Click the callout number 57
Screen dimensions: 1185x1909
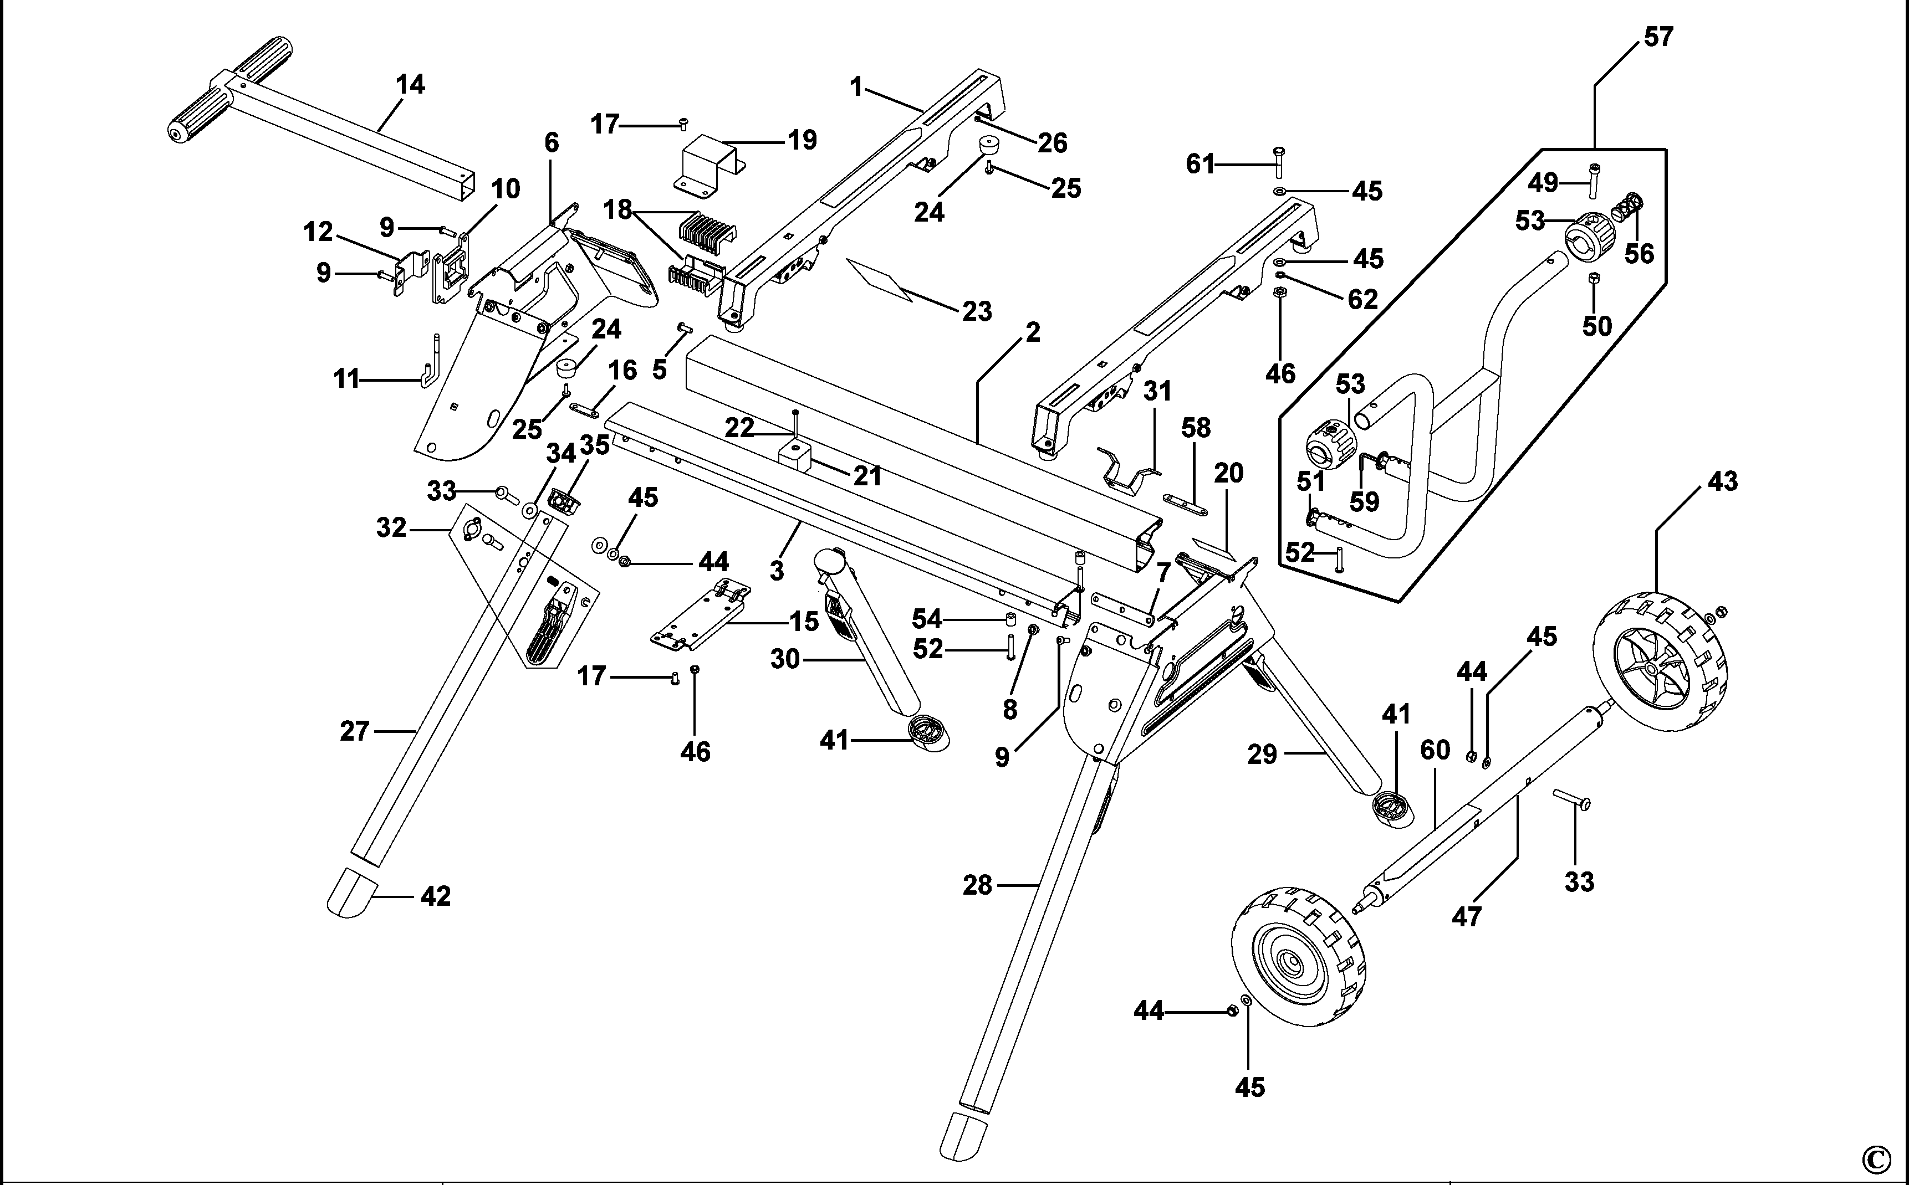(x=1658, y=37)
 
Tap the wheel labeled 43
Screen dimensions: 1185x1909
(x=1660, y=662)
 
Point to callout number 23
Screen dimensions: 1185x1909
(x=977, y=312)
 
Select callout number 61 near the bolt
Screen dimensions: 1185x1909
(x=1199, y=165)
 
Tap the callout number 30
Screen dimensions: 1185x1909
(x=784, y=660)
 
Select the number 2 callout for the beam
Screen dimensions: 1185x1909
(x=1033, y=333)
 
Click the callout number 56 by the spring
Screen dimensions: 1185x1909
(x=1639, y=254)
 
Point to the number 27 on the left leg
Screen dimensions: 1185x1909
(x=354, y=731)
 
